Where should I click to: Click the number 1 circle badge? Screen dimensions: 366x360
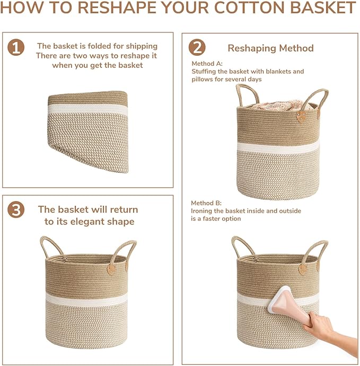tap(16, 48)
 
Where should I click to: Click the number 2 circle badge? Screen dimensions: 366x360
tap(197, 48)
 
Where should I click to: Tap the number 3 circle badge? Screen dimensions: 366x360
tap(16, 210)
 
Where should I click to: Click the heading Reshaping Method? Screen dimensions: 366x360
tap(270, 48)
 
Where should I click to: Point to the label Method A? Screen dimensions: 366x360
tap(207, 63)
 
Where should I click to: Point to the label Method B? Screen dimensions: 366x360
tap(207, 203)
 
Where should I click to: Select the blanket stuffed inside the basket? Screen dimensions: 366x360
tap(278, 104)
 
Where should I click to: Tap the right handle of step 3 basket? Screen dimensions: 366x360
tap(124, 251)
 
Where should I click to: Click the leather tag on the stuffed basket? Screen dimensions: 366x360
tap(301, 116)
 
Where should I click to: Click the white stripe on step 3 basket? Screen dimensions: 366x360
tap(86, 298)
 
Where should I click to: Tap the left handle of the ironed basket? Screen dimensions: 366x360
tap(241, 246)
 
